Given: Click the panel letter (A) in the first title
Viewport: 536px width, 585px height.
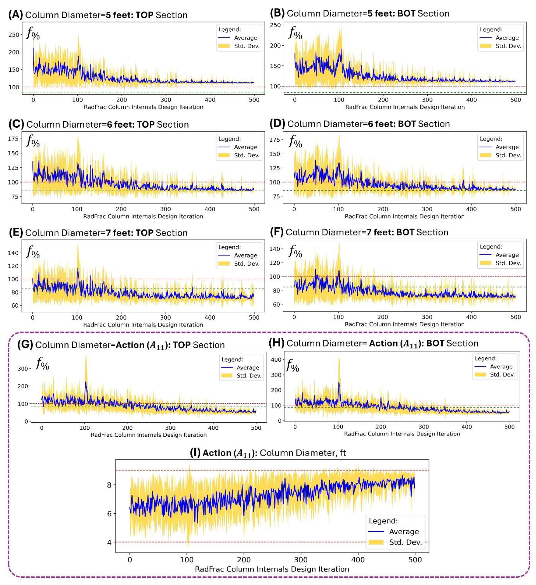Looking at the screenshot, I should (15, 15).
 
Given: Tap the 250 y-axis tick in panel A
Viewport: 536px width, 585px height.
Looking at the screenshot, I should (14, 35).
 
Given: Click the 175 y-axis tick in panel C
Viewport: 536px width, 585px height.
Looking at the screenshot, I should (13, 139).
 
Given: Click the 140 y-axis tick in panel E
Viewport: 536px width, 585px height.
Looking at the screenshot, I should (13, 253).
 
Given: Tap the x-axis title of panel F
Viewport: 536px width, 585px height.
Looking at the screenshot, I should (405, 324).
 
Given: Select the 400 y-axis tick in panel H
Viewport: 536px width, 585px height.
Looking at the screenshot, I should (276, 360).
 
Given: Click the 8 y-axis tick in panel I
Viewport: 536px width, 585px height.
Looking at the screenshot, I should (109, 485).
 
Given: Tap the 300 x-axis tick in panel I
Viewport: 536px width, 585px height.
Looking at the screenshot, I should (301, 560).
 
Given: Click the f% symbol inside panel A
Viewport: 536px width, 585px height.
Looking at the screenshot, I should (33, 33).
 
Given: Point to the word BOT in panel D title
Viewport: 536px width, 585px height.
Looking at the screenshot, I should (407, 124).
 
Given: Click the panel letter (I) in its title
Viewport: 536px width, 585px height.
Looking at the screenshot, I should (195, 453).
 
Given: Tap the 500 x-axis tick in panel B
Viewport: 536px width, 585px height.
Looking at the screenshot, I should (515, 100).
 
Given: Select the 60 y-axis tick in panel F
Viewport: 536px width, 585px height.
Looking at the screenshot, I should (276, 305).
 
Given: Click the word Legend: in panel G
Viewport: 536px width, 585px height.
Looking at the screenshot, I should (232, 359).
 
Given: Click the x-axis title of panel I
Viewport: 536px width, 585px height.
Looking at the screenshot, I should (272, 569).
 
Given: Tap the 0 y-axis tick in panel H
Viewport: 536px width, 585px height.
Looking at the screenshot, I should (279, 421).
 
